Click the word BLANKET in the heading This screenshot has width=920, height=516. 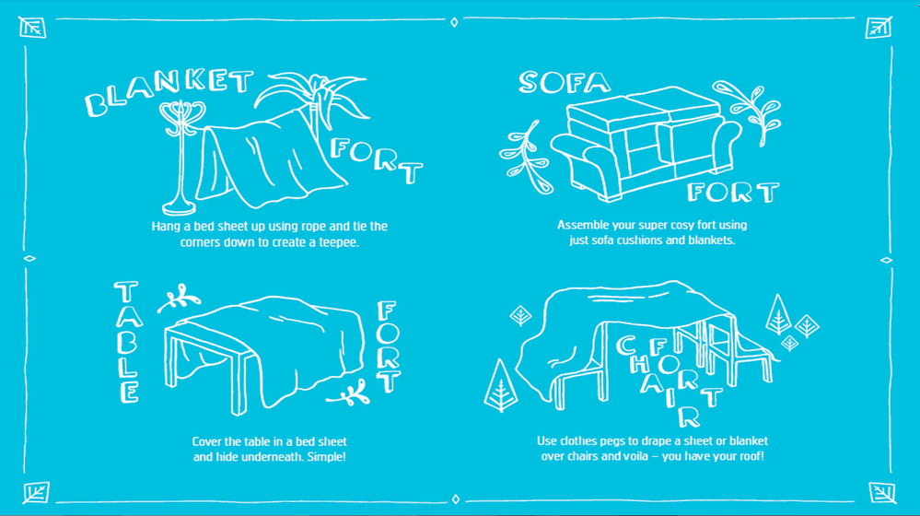169,90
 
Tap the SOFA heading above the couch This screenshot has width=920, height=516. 565,83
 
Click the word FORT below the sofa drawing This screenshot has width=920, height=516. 733,192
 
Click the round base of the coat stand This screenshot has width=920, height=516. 179,206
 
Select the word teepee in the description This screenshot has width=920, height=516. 338,242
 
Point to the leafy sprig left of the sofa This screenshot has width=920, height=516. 526,158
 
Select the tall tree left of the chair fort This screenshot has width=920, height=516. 500,386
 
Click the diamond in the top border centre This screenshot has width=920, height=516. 454,22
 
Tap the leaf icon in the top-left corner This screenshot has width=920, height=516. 32,28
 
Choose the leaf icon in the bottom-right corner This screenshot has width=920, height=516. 882,493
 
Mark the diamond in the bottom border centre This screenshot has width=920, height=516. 456,499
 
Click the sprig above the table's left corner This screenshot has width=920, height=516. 179,299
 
